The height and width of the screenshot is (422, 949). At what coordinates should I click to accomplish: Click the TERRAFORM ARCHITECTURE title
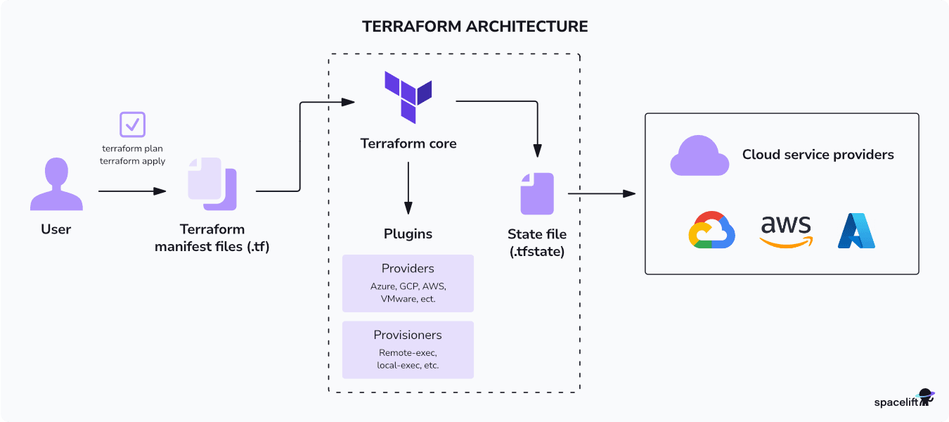475,27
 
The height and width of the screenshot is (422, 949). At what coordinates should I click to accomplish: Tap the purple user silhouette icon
56,184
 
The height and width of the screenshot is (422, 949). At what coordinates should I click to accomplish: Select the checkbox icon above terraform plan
132,124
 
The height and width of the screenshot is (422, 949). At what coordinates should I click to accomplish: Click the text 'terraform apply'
134,161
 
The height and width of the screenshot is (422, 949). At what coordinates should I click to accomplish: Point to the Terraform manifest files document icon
212,184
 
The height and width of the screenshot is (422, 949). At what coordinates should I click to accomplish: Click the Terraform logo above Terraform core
408,96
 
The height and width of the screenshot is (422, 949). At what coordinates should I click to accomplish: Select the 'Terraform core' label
408,143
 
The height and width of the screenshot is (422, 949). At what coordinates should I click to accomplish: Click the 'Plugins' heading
408,234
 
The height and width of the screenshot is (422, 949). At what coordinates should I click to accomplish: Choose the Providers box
408,283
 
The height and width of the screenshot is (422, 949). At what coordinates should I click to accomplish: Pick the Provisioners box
408,350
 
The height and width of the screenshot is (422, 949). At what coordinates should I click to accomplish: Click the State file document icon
537,193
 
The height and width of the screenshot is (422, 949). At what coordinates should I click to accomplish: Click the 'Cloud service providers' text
818,155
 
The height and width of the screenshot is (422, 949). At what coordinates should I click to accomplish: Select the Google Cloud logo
711,230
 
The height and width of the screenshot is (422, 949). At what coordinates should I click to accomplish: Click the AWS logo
786,231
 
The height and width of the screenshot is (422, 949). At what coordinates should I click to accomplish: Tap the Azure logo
856,231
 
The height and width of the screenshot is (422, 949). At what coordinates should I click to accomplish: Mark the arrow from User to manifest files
132,191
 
